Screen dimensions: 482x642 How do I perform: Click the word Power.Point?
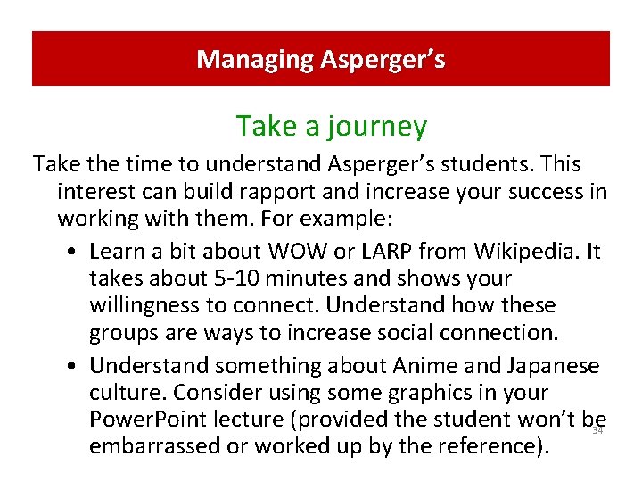click(149, 420)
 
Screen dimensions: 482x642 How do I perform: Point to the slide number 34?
click(598, 431)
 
